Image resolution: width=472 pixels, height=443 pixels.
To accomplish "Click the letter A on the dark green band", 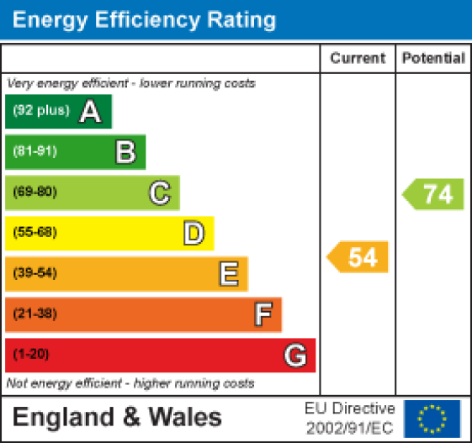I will [x=90, y=112].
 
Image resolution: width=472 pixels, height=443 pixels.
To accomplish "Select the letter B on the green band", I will [x=125, y=152].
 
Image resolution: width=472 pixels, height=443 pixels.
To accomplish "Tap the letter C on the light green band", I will [x=159, y=193].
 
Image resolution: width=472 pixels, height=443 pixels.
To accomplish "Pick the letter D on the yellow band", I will [x=194, y=234].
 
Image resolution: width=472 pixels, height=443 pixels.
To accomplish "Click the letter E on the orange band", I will [x=228, y=274].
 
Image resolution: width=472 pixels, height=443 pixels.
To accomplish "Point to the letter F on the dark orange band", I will [x=263, y=314].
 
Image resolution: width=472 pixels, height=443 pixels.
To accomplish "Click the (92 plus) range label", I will [x=40, y=112].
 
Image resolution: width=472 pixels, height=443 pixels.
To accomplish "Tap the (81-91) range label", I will [x=34, y=152].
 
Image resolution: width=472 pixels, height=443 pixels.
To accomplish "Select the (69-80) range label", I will [x=34, y=192].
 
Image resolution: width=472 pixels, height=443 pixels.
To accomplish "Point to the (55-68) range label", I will [x=34, y=233].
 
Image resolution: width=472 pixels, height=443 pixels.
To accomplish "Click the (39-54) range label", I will [x=34, y=273].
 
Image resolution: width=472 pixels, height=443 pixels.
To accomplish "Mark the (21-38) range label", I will [x=34, y=314].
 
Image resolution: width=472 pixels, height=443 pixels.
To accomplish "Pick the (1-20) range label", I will [x=31, y=355].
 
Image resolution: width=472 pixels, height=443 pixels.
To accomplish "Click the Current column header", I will [x=358, y=58].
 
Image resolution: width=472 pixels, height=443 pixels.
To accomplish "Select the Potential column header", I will [x=433, y=58].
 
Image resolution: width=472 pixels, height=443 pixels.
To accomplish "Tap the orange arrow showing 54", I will [x=358, y=257].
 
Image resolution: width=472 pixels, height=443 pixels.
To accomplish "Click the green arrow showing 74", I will [x=434, y=194].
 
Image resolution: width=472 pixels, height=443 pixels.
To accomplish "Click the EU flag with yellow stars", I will [x=432, y=417].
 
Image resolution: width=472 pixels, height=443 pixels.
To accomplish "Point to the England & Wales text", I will [x=118, y=417].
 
